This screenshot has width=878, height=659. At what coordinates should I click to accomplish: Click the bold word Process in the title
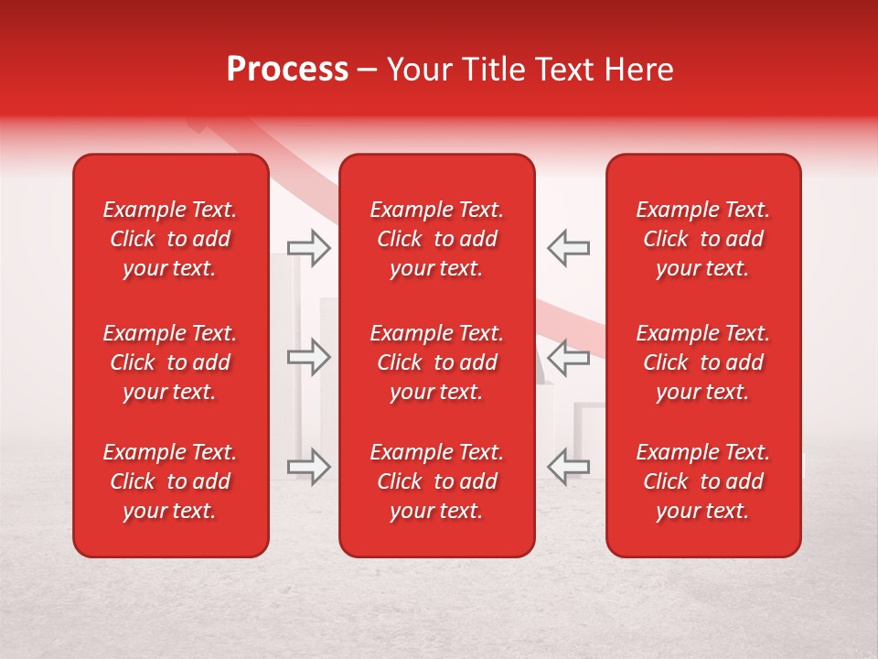287,70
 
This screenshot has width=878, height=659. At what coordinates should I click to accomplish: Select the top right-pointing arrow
309,248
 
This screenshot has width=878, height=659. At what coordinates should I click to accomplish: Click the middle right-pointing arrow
309,357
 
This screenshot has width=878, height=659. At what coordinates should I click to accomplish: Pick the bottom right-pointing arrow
309,466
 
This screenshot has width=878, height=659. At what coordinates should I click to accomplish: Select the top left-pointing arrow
568,248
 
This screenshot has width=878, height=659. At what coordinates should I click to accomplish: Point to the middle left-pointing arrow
568,357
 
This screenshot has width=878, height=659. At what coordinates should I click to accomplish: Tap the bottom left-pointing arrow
568,466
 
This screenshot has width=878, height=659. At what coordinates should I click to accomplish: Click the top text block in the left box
170,239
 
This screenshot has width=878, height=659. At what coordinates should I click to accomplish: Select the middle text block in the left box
170,362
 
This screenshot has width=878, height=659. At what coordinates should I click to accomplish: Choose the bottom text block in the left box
170,481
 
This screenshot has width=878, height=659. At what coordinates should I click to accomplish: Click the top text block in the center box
437,239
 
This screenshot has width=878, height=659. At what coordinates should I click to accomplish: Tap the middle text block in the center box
437,362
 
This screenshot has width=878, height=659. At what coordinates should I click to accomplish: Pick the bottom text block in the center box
437,481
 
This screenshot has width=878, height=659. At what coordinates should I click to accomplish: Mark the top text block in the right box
703,239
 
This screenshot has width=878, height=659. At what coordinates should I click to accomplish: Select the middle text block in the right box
703,362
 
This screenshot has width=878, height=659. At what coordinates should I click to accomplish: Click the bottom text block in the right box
703,481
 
